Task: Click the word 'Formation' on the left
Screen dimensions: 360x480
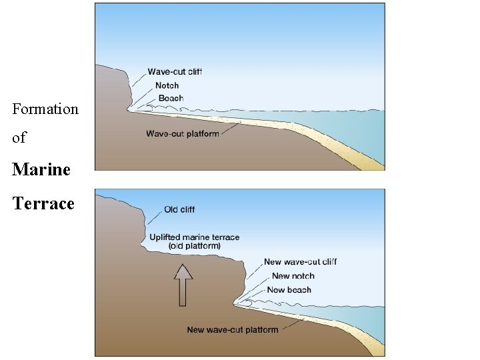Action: (45, 109)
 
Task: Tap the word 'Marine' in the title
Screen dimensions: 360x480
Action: (41, 169)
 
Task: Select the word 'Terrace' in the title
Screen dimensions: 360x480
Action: (43, 203)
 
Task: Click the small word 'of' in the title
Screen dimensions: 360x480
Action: (19, 138)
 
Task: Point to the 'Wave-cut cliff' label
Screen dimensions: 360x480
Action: (175, 72)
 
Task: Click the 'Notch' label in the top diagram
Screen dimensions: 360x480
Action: (167, 85)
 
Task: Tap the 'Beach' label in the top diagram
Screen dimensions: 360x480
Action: (171, 99)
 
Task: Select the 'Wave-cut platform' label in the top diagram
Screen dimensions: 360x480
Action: (183, 134)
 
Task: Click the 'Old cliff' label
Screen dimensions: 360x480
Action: (179, 210)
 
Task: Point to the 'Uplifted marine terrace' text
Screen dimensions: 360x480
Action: (195, 237)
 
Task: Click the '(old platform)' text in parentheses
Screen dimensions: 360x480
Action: (195, 246)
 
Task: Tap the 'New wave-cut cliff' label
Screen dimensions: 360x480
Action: (300, 262)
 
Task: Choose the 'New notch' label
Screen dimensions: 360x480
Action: (293, 276)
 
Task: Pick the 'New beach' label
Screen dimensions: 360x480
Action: (289, 290)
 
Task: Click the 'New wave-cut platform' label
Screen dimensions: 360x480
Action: (233, 330)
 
